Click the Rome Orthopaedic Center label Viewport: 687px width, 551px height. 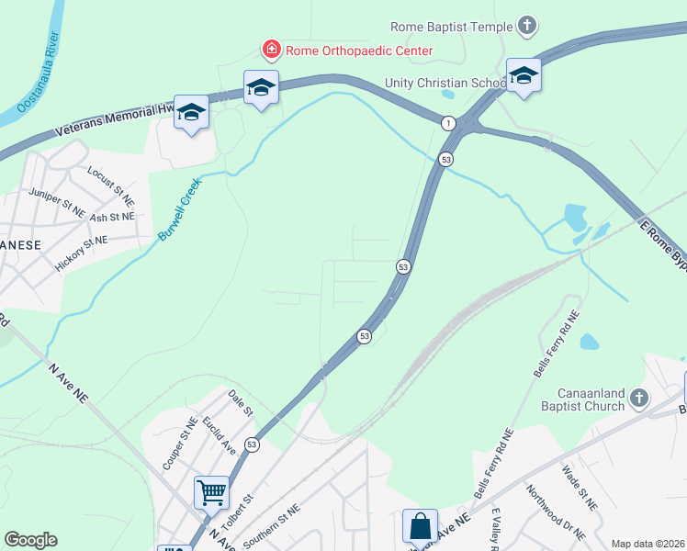point(358,51)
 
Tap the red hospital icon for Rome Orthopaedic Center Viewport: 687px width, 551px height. point(271,50)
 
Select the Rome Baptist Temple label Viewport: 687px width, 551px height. point(452,27)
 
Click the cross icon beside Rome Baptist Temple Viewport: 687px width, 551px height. point(527,26)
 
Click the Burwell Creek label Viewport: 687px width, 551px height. point(178,210)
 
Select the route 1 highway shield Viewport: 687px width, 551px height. point(448,123)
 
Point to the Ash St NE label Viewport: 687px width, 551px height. point(112,217)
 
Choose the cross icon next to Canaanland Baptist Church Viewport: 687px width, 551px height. point(639,399)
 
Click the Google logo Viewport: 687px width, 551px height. point(30,540)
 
